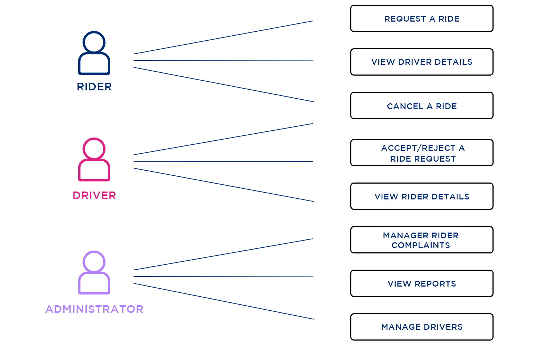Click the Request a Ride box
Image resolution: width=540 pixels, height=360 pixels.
click(x=422, y=19)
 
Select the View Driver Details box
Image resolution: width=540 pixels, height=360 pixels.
click(x=422, y=62)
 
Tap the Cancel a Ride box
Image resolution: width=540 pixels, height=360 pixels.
click(x=422, y=106)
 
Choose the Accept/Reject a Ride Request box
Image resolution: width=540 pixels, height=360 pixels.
click(x=422, y=153)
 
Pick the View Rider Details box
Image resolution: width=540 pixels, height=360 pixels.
click(x=422, y=197)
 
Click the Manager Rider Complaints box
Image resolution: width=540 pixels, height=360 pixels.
click(x=422, y=240)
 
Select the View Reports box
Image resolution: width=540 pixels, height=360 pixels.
click(x=422, y=284)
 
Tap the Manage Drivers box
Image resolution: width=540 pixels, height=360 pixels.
click(x=422, y=327)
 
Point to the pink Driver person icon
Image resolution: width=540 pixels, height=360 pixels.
click(x=94, y=160)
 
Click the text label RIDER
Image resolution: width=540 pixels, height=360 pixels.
click(x=94, y=87)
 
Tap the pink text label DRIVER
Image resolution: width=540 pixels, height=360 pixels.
click(x=94, y=195)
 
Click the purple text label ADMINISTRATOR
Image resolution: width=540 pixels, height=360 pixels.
click(x=94, y=309)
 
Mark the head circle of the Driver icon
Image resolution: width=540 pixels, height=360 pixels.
click(x=94, y=148)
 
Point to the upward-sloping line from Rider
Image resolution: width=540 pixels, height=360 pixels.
click(x=223, y=37)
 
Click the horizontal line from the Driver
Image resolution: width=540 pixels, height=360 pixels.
click(x=223, y=161)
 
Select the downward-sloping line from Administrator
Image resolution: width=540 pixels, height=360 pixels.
click(x=223, y=301)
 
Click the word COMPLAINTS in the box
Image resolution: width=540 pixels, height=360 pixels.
click(x=420, y=246)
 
